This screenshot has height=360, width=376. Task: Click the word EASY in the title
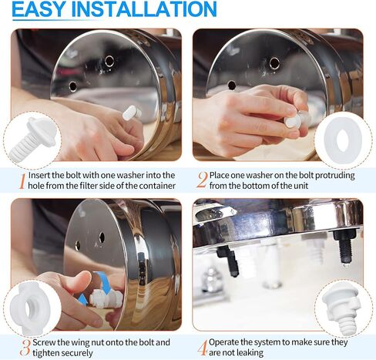[x=38, y=9]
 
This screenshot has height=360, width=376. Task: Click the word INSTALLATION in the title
[x=144, y=9]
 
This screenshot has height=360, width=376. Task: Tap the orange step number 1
[x=23, y=181]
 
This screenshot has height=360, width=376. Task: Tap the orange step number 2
[x=202, y=180]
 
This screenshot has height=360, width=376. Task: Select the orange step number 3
[x=25, y=348]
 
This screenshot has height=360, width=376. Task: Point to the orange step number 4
[x=203, y=348]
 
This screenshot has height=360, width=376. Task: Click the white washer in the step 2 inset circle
[x=343, y=139]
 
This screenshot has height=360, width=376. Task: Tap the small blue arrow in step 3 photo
[x=82, y=300]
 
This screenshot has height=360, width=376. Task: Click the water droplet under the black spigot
[x=345, y=264]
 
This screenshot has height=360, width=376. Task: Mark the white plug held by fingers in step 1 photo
[x=132, y=113]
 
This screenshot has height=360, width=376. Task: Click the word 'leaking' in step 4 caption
[x=249, y=352]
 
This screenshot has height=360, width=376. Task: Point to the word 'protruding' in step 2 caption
[x=334, y=176]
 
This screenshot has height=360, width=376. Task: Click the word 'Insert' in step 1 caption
[x=39, y=175]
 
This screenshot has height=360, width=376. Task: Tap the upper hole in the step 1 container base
[x=109, y=61]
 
